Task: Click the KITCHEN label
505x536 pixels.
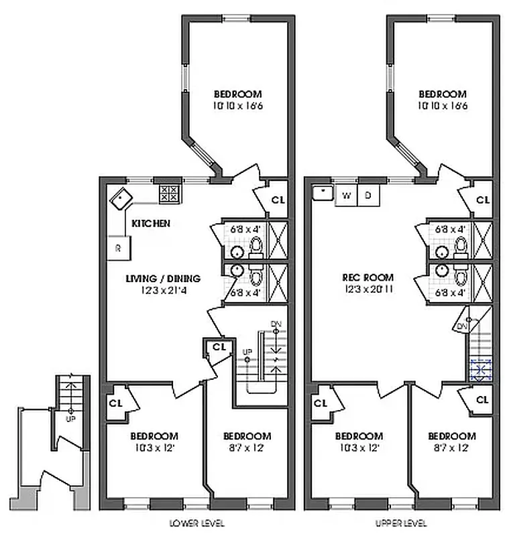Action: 151,223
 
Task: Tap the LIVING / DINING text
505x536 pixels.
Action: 164,278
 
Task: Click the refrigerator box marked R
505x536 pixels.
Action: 119,248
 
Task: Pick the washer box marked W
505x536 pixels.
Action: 347,195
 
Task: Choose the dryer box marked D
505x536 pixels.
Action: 368,195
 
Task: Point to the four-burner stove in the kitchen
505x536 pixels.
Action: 169,194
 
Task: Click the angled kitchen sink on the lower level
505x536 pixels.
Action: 121,198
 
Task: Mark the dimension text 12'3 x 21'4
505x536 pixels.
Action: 164,289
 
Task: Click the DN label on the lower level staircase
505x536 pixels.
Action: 275,324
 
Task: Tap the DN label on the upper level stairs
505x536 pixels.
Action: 461,326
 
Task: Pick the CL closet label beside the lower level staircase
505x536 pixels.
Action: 218,347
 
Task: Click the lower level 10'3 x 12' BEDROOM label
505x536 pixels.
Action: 154,435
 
